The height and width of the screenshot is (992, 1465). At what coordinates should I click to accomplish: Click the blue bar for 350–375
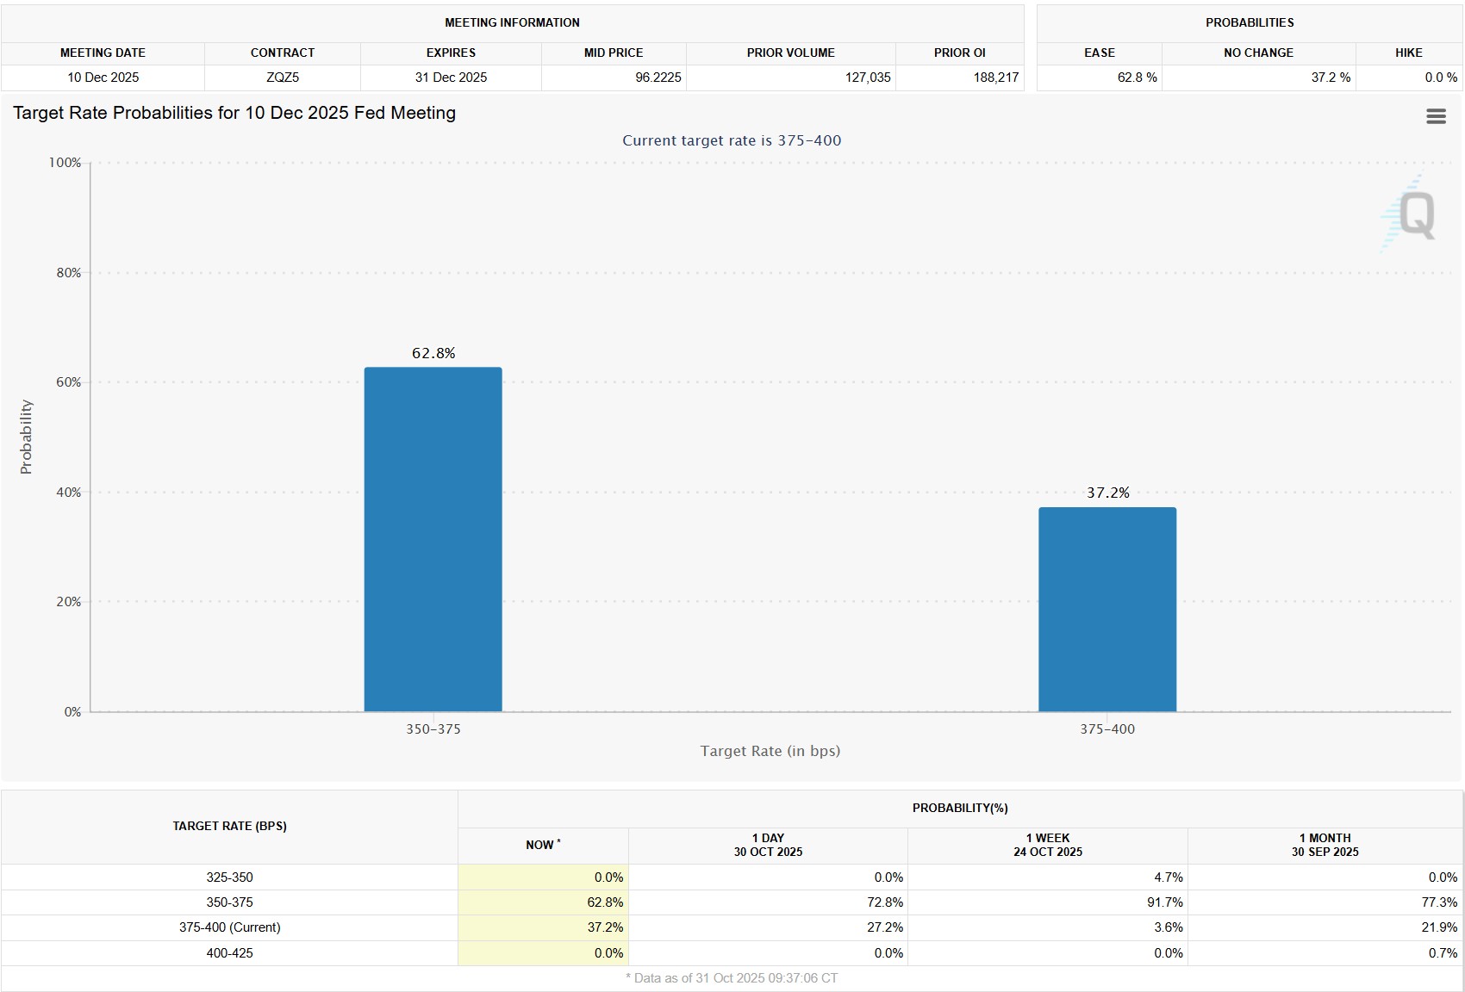[433, 539]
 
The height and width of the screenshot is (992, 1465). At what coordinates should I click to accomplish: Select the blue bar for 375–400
[1107, 609]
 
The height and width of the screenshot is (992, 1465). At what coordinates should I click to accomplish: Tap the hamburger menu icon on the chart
[1436, 116]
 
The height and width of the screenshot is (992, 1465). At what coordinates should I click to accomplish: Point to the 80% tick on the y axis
[68, 273]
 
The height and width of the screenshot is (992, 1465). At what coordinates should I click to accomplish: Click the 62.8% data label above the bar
[433, 353]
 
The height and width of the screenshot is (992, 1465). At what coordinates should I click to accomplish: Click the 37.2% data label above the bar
[1107, 493]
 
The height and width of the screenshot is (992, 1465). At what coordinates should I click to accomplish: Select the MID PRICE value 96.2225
[658, 77]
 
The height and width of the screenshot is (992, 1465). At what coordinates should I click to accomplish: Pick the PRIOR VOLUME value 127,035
[867, 77]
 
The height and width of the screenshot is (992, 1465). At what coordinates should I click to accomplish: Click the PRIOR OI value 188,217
[995, 77]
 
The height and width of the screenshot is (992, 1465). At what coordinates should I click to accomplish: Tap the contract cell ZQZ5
[283, 77]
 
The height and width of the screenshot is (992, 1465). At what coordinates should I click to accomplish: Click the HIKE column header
[1408, 53]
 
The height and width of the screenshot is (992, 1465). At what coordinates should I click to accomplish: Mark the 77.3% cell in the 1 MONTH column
[1439, 902]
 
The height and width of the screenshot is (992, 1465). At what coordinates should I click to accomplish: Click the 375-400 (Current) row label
[229, 927]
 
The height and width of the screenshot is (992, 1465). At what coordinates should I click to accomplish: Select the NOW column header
[542, 845]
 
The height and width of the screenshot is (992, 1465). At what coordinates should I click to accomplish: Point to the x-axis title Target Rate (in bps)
[770, 751]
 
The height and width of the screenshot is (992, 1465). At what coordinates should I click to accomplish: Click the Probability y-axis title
[26, 437]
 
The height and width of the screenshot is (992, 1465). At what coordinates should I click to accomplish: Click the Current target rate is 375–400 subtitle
[732, 140]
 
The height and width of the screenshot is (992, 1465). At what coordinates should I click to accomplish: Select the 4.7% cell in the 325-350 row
[1168, 877]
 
